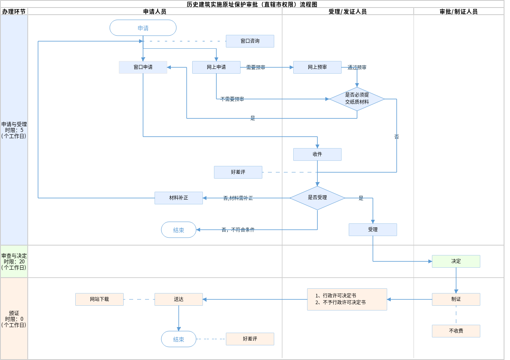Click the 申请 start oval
click(143, 28)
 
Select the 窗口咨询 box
click(250, 41)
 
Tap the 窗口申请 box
click(143, 67)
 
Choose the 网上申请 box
click(216, 67)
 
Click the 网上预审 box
click(317, 67)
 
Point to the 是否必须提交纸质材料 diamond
click(357, 99)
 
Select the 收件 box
click(317, 154)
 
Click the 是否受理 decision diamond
click(317, 198)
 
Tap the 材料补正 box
click(179, 198)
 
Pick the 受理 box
click(373, 230)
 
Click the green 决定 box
click(456, 261)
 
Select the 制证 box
click(456, 299)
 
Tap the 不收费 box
click(456, 331)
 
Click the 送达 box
click(179, 299)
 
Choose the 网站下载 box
click(99, 299)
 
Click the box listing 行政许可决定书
click(347, 299)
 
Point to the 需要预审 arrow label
click(256, 68)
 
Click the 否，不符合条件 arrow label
click(238, 230)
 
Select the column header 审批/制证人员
click(458, 11)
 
